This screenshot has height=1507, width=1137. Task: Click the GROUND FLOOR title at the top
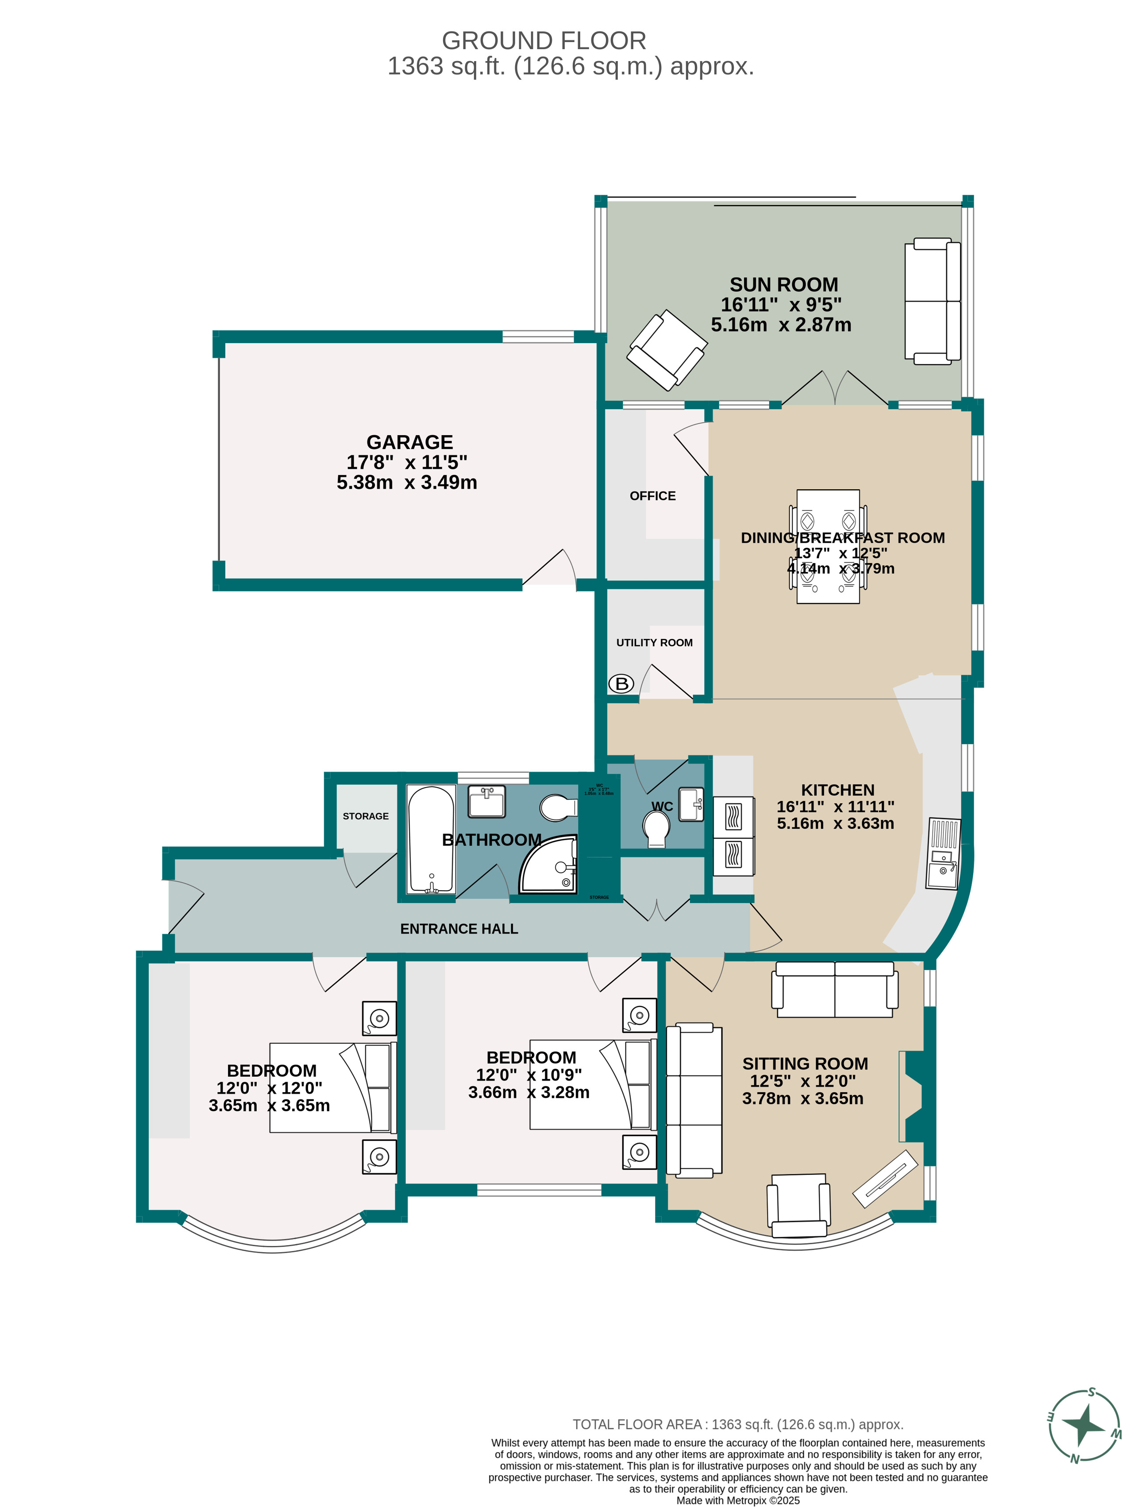(543, 41)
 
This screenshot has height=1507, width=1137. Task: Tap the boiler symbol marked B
(621, 683)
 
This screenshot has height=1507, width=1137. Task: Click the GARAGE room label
(409, 442)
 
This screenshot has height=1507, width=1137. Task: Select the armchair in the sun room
(666, 350)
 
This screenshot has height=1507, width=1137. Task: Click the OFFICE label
(652, 496)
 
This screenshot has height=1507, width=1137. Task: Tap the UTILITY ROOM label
(654, 642)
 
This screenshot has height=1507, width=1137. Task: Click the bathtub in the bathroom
(431, 839)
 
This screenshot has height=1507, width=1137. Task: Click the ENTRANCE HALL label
(459, 928)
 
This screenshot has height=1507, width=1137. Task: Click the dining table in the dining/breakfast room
(827, 546)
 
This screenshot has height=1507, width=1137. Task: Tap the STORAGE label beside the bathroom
(365, 816)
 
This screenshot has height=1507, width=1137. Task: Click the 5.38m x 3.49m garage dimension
(407, 483)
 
